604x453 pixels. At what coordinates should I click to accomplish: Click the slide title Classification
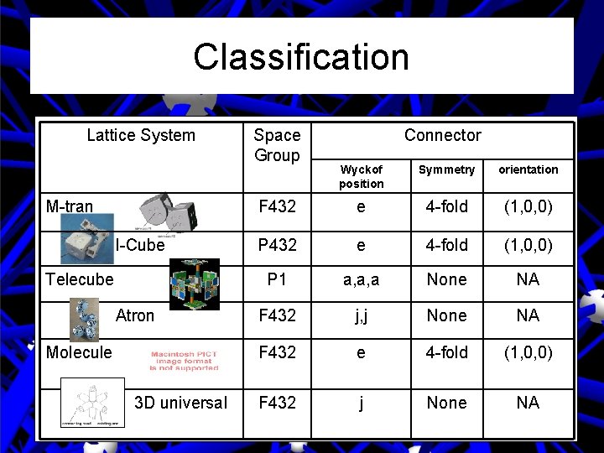(x=301, y=57)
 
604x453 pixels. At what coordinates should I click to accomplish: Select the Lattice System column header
(x=141, y=135)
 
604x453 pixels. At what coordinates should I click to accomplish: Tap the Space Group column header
(x=277, y=145)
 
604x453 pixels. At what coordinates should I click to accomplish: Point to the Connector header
(x=442, y=135)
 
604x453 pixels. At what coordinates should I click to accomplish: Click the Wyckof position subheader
(x=362, y=176)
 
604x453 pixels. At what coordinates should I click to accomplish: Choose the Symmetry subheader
(x=446, y=169)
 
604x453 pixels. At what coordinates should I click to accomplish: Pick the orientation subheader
(x=528, y=169)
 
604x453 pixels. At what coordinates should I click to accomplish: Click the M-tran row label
(x=70, y=206)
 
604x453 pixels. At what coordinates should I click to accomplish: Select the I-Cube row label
(x=140, y=246)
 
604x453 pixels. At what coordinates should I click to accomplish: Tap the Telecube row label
(x=80, y=279)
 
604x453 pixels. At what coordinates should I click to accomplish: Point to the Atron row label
(x=135, y=315)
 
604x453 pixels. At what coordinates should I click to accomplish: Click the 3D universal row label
(x=180, y=403)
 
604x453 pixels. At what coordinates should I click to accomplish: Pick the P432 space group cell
(x=277, y=246)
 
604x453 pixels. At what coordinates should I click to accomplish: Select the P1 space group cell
(x=277, y=279)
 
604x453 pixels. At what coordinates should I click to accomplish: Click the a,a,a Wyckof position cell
(x=361, y=279)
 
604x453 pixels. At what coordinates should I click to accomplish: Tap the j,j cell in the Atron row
(x=361, y=315)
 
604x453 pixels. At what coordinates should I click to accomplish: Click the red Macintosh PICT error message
(x=184, y=360)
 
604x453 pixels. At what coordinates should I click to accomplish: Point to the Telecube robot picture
(x=194, y=284)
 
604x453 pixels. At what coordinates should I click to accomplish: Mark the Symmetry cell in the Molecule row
(x=446, y=352)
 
